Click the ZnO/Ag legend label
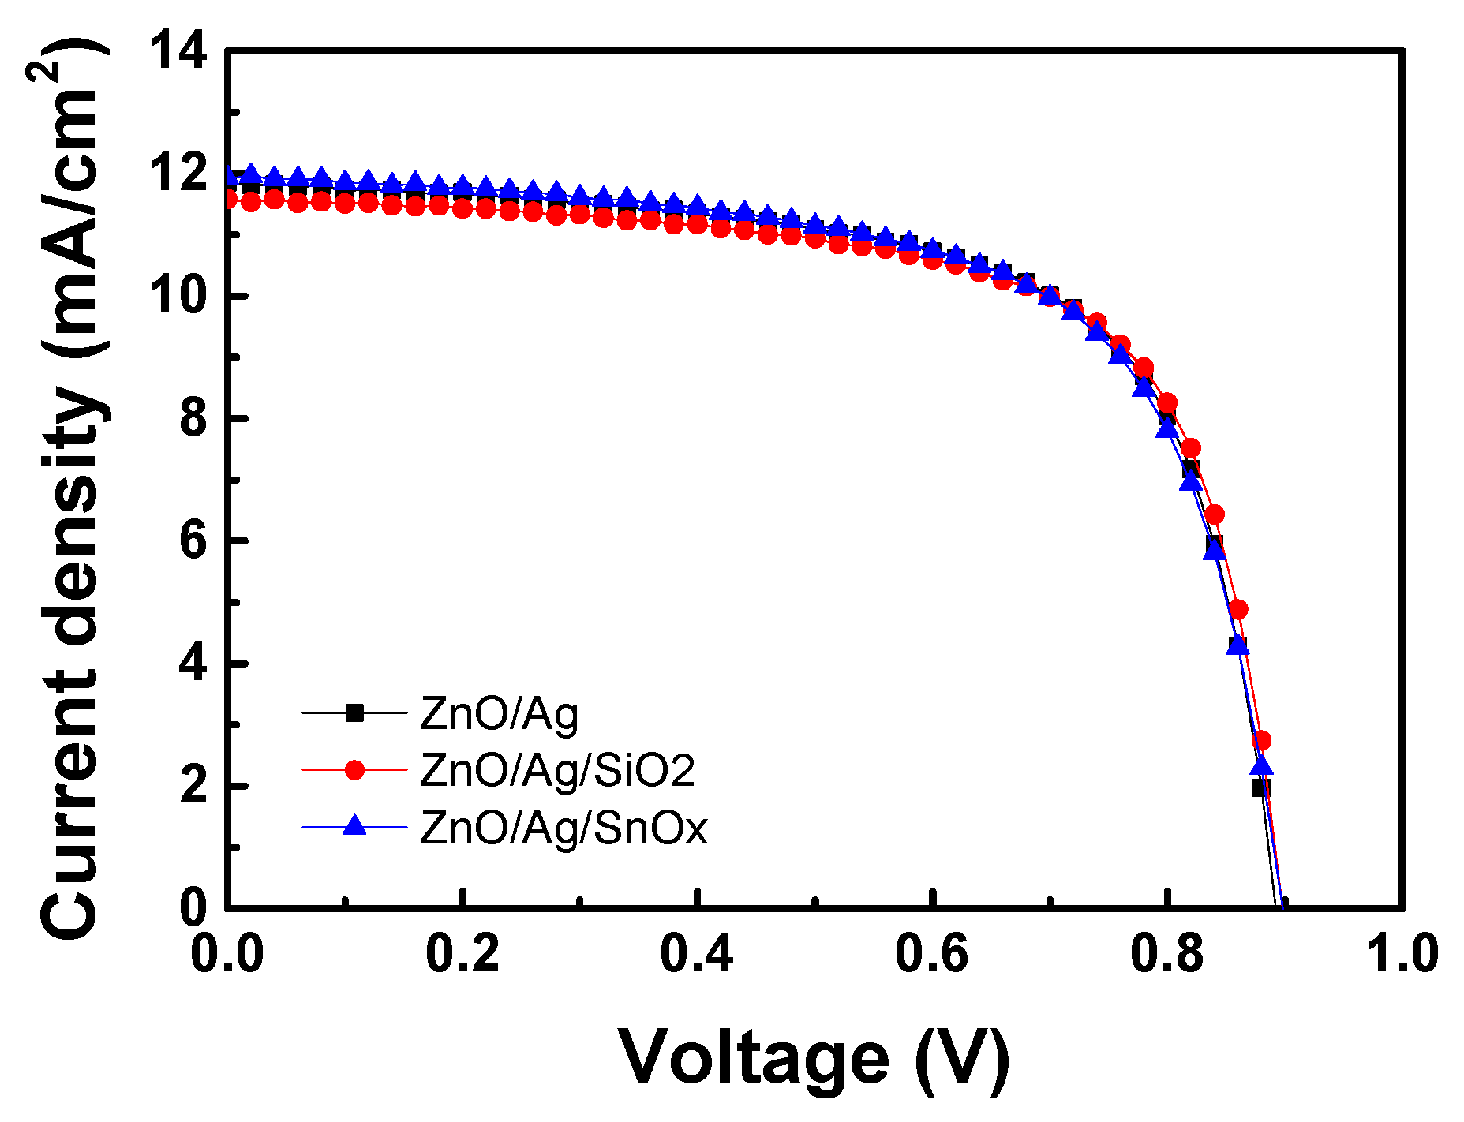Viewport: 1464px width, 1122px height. pos(499,713)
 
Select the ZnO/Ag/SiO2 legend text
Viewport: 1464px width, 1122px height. pos(557,770)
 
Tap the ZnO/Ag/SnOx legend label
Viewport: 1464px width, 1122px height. pos(564,828)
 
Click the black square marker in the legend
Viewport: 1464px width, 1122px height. pos(355,713)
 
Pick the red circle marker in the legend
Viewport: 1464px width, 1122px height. pos(355,770)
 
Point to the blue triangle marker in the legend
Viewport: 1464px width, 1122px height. pos(355,826)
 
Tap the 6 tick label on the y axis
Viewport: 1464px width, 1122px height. pos(193,541)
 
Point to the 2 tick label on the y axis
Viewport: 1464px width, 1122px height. pos(193,787)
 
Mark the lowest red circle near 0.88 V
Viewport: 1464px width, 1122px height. pos(1261,740)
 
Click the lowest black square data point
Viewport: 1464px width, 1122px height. pos(1260,787)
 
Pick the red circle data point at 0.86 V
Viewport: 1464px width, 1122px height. pos(1238,609)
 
